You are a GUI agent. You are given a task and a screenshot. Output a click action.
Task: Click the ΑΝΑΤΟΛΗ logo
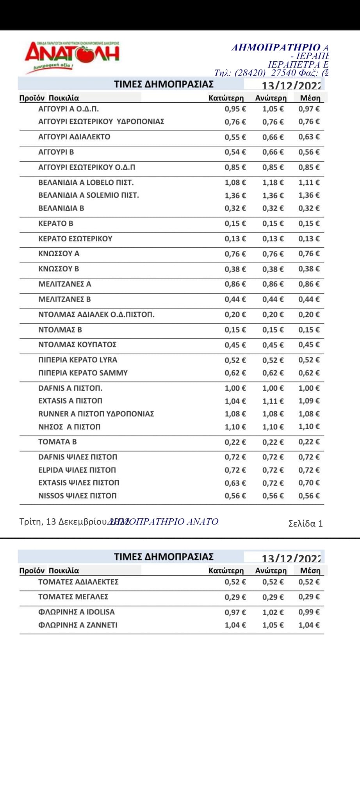(72, 57)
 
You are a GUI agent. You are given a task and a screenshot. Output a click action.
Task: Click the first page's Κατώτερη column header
(226, 98)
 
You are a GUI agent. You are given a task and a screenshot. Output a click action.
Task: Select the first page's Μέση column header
(310, 98)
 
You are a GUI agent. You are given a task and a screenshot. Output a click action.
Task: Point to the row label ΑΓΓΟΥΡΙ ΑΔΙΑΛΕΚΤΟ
(74, 137)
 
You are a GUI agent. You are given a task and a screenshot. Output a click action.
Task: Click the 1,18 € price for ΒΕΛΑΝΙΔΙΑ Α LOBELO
(273, 182)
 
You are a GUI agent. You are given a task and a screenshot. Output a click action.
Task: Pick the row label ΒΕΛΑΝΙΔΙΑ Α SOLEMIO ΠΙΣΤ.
(89, 195)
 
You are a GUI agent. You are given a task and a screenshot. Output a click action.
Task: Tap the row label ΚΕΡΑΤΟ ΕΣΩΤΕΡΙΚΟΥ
(75, 239)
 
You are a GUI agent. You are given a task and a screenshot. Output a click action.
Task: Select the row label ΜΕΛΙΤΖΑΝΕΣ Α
(65, 284)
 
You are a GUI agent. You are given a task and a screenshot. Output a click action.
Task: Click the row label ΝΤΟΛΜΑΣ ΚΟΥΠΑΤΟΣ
(77, 345)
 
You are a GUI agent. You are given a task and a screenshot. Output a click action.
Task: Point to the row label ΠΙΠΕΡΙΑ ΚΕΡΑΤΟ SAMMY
(83, 373)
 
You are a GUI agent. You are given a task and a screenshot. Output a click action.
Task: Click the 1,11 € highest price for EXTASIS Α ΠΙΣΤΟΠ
(273, 401)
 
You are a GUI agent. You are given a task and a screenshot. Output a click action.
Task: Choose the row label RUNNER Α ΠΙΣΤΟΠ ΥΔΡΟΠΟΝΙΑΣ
(96, 414)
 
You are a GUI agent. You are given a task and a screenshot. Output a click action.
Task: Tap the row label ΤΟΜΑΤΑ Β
(57, 442)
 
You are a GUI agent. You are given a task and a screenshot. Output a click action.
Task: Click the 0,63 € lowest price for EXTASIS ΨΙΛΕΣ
(235, 483)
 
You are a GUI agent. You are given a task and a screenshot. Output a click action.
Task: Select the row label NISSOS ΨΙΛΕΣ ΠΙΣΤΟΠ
(77, 496)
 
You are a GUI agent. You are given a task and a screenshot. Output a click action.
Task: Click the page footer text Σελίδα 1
(305, 523)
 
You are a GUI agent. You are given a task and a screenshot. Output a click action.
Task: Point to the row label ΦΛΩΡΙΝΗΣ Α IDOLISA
(77, 612)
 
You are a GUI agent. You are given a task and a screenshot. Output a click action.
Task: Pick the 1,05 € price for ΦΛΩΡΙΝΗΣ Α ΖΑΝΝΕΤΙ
(273, 625)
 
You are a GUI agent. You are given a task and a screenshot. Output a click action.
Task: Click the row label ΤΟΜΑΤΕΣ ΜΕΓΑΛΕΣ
(73, 597)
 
